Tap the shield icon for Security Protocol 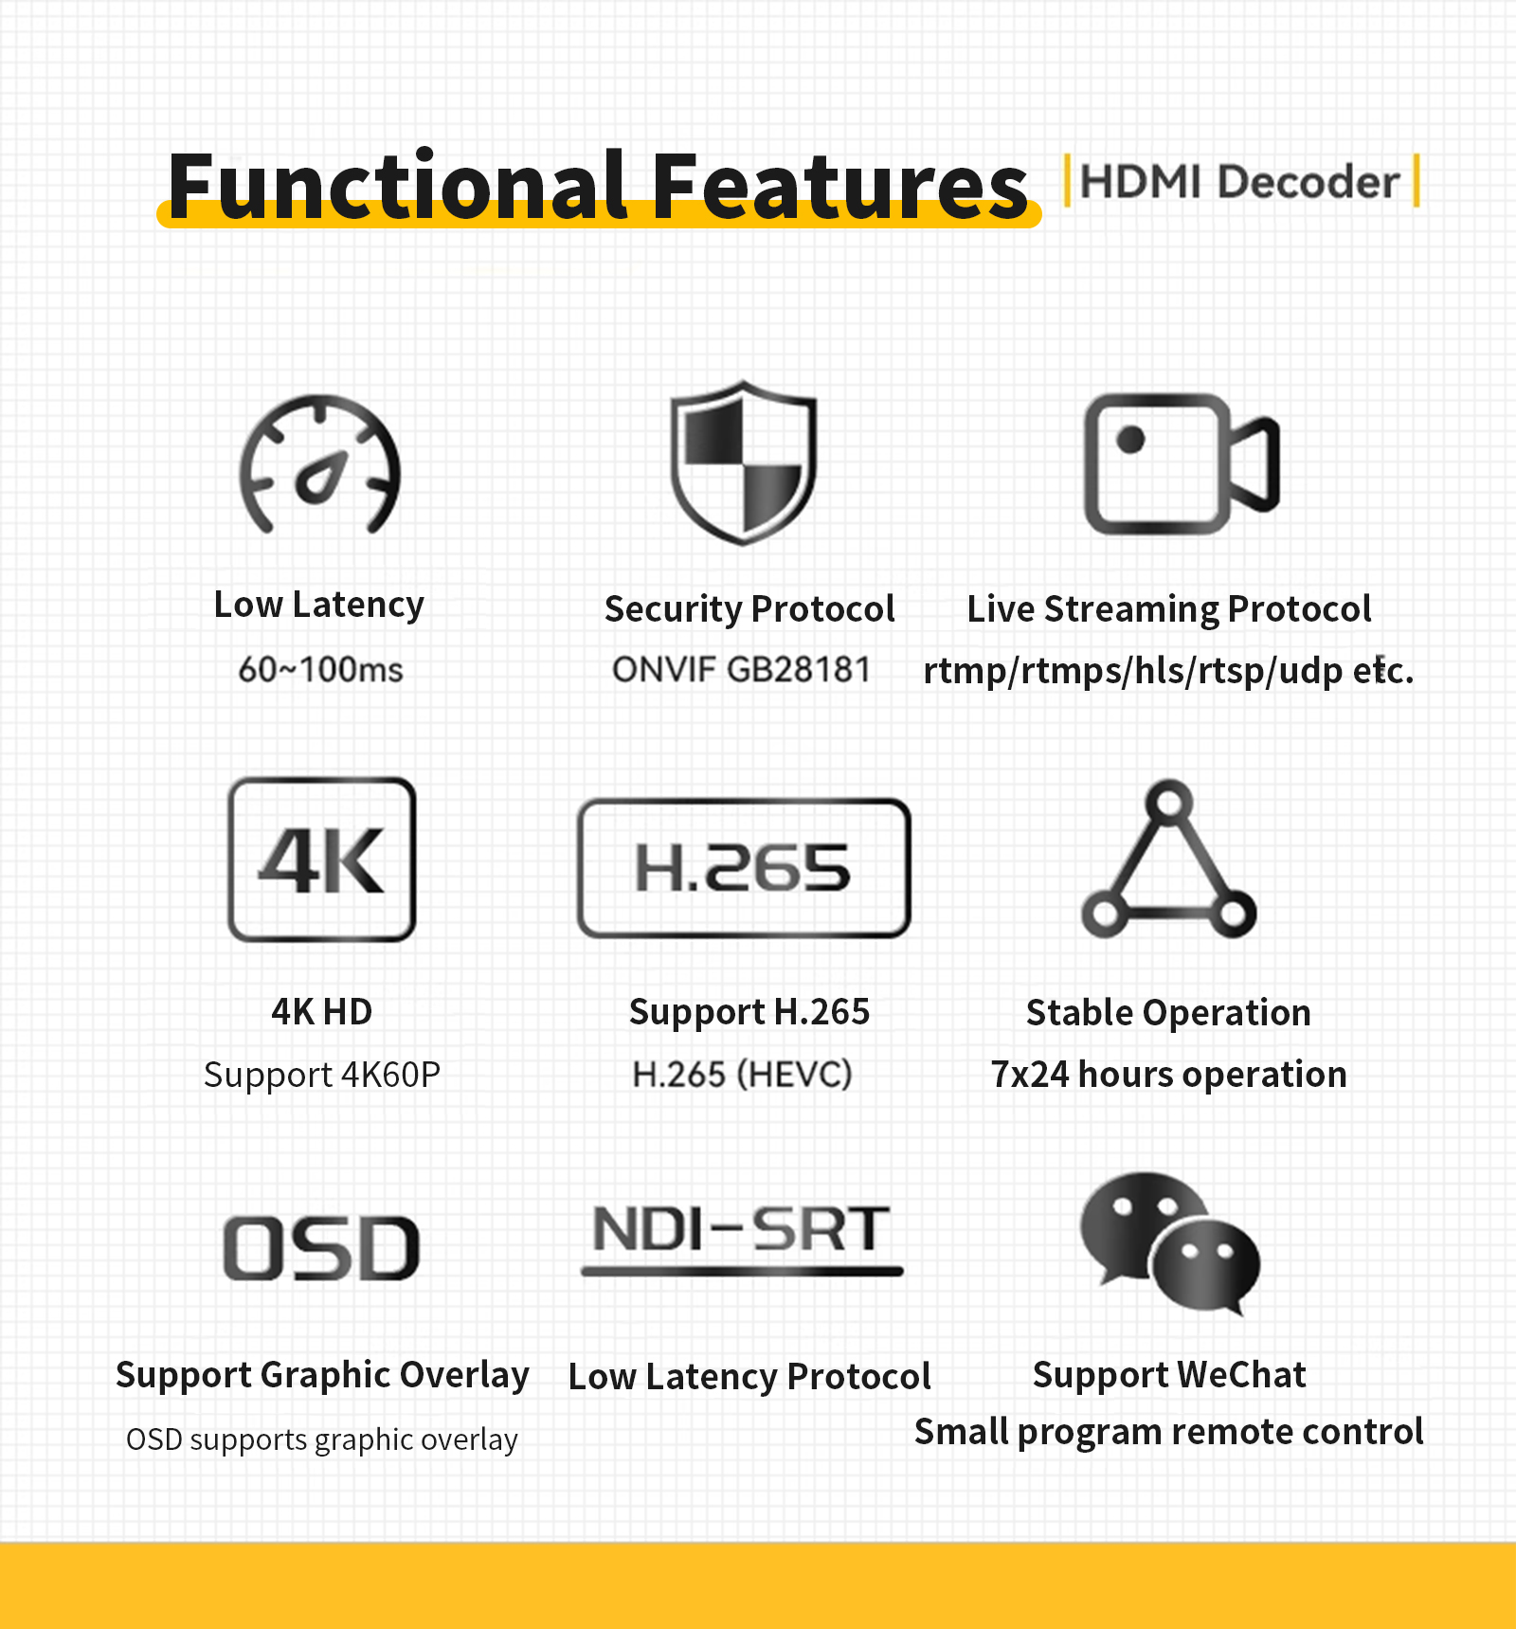744,462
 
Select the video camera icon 1182,464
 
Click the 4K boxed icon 322,860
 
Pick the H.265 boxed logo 744,868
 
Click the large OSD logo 322,1248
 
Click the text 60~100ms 320,670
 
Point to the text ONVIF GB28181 741,670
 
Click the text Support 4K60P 322,1076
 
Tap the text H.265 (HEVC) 743,1075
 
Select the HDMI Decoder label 1239,181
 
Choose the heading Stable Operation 1168,1012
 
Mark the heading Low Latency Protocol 749,1376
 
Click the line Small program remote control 1169,1432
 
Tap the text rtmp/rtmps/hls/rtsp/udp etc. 1169,670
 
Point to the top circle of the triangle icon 1170,803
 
